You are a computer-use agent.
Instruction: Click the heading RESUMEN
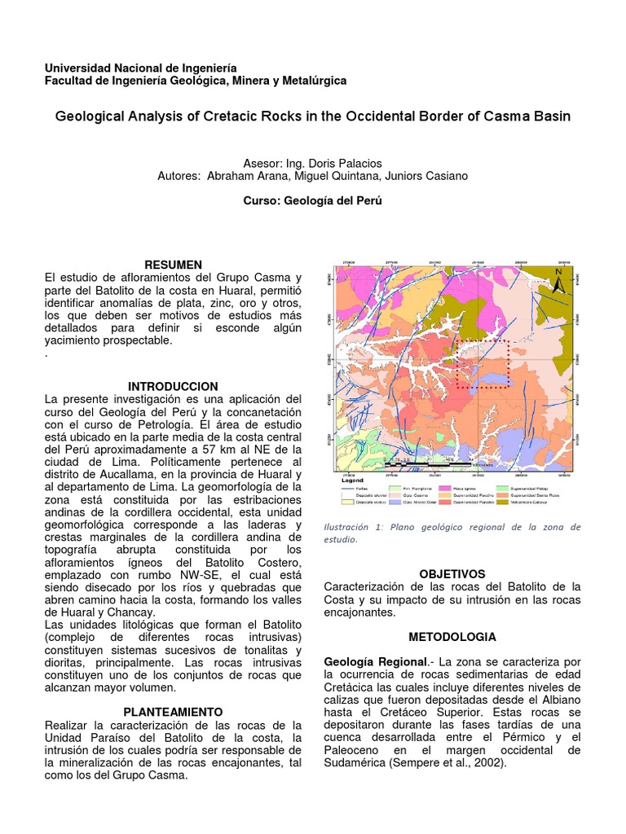(173, 265)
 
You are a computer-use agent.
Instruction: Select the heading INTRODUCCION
(173, 386)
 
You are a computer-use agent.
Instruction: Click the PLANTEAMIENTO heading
(173, 712)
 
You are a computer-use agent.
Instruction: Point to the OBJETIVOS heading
(452, 574)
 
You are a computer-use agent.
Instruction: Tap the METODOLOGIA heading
(452, 636)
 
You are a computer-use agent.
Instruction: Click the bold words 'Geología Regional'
(374, 661)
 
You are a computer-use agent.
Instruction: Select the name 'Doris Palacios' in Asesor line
(348, 163)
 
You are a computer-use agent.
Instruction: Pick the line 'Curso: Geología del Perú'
(313, 201)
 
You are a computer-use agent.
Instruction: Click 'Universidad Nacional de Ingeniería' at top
(139, 68)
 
